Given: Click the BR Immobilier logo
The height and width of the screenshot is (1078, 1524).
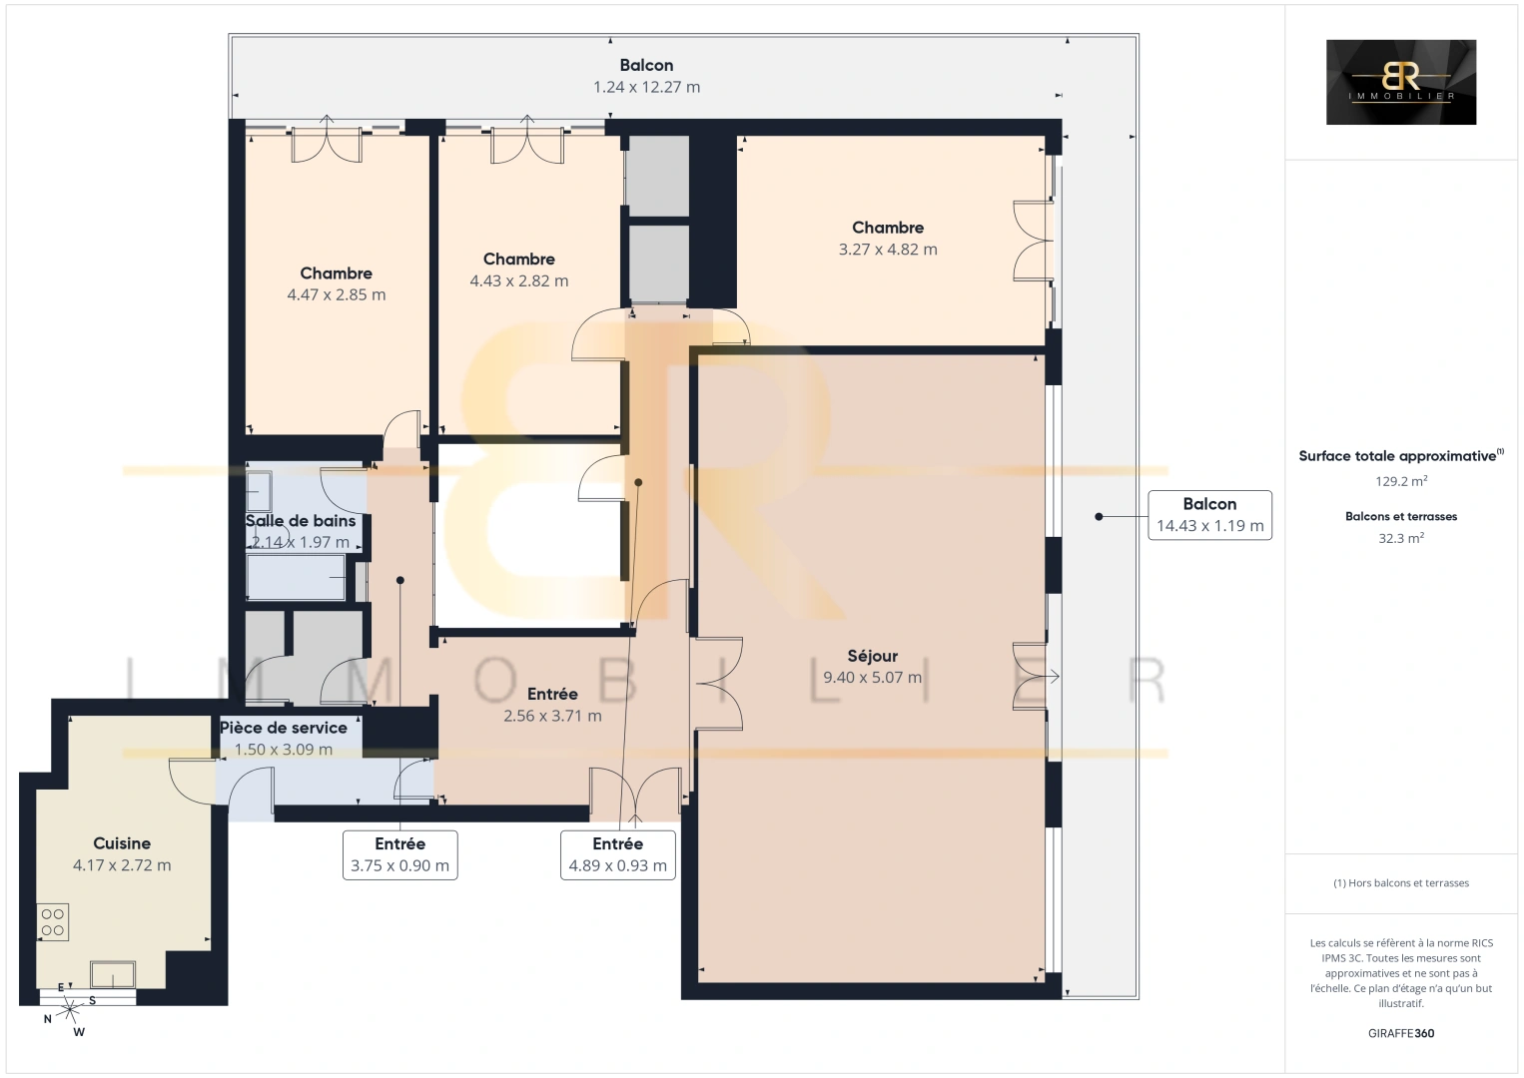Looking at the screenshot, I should pos(1400,82).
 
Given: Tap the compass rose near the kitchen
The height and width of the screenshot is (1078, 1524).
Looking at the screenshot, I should pos(70,1010).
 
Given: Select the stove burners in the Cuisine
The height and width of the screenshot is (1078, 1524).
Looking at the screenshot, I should pos(53,922).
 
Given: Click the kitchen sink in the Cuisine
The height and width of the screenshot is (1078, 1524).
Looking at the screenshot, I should pos(113,973).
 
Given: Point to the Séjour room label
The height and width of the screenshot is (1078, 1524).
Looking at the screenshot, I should pos(872,656).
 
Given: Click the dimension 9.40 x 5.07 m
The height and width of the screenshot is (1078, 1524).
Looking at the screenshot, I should pos(872,678).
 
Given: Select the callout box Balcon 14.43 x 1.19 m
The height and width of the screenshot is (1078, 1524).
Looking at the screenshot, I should pos(1209,515).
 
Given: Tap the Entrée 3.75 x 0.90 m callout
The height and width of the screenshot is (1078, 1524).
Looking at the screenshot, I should pos(399,854).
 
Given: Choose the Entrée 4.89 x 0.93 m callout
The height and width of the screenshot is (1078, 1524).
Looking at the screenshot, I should pos(617,854).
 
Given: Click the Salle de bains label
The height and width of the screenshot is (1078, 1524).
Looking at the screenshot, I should pos(301,520).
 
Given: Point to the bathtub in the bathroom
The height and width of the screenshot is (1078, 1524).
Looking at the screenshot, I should pos(296,578).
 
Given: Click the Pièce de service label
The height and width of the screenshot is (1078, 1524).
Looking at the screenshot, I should pos(284,728).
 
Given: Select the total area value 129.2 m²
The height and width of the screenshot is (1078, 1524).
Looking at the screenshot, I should pos(1400,481).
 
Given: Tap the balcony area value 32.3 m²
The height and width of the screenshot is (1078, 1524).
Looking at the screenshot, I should pos(1400,538).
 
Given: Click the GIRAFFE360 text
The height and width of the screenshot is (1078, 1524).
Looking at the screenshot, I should pos(1400,1033).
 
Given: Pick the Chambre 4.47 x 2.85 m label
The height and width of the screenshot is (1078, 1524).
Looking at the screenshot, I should pos(336,283).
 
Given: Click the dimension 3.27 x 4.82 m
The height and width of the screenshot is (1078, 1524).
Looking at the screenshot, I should pos(888,250).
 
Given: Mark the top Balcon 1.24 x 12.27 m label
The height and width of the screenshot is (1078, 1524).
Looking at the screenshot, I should pos(646,76).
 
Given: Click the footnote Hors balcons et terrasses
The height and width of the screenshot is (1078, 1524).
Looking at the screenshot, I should pos(1400,883).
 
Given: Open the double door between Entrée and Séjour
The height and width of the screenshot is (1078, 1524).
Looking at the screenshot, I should pos(717,684).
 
